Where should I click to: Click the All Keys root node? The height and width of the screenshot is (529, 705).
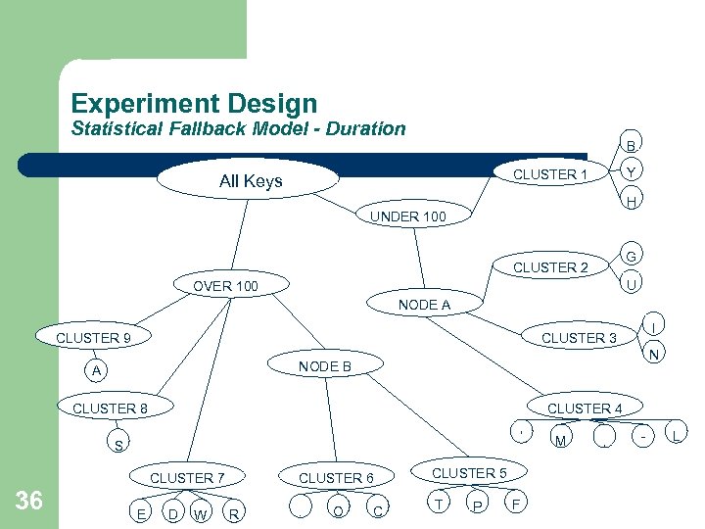[251, 180]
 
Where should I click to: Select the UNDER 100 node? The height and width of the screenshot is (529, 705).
[408, 216]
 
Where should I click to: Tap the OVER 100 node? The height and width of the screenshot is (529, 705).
[225, 286]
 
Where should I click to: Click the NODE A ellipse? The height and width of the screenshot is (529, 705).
[424, 305]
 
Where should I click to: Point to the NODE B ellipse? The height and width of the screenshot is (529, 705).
[325, 366]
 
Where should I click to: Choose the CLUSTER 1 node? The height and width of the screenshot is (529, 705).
[550, 174]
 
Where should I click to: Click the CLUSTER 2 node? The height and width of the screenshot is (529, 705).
[550, 267]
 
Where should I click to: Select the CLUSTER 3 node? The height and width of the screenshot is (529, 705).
[579, 338]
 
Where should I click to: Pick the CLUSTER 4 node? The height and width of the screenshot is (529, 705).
[585, 408]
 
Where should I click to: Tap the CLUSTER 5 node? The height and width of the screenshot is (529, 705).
[469, 473]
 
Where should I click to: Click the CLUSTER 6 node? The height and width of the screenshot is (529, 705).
[336, 478]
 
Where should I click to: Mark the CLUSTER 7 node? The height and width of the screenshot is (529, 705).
[187, 478]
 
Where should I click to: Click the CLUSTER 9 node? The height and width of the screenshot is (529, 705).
[94, 338]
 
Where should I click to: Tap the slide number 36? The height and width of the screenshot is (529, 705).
[29, 501]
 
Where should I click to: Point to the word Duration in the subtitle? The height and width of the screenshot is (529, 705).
[360, 128]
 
